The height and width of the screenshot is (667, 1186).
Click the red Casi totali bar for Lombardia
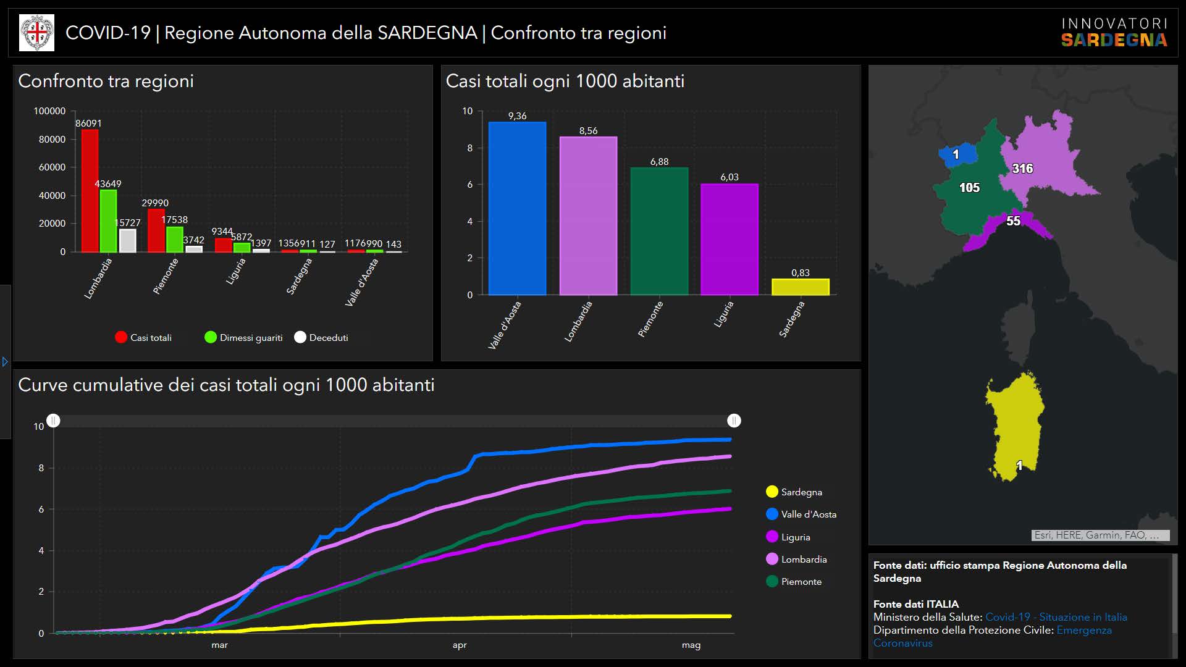pyautogui.click(x=90, y=191)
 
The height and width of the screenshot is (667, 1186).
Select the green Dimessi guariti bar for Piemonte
pyautogui.click(x=175, y=240)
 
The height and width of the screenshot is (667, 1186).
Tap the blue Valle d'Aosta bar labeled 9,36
pyautogui.click(x=517, y=208)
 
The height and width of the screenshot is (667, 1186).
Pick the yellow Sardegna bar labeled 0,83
pyautogui.click(x=800, y=287)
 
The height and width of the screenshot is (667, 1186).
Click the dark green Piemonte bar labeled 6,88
pyautogui.click(x=659, y=231)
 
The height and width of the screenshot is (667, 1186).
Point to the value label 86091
pyautogui.click(x=88, y=124)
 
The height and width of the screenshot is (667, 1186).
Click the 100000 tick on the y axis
pyautogui.click(x=49, y=111)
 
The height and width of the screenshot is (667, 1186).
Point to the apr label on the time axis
pyautogui.click(x=460, y=645)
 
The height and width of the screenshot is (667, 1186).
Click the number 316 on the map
pyautogui.click(x=1022, y=168)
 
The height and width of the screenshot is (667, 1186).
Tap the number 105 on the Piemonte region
pyautogui.click(x=969, y=187)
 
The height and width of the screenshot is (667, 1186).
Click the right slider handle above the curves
pyautogui.click(x=734, y=421)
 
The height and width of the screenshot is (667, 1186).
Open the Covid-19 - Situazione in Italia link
pyautogui.click(x=1056, y=617)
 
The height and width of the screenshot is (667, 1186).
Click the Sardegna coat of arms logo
pyautogui.click(x=37, y=33)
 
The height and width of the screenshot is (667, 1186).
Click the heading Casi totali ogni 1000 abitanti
pyautogui.click(x=565, y=81)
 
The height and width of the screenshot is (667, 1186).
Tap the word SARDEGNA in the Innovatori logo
pyautogui.click(x=1114, y=41)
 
